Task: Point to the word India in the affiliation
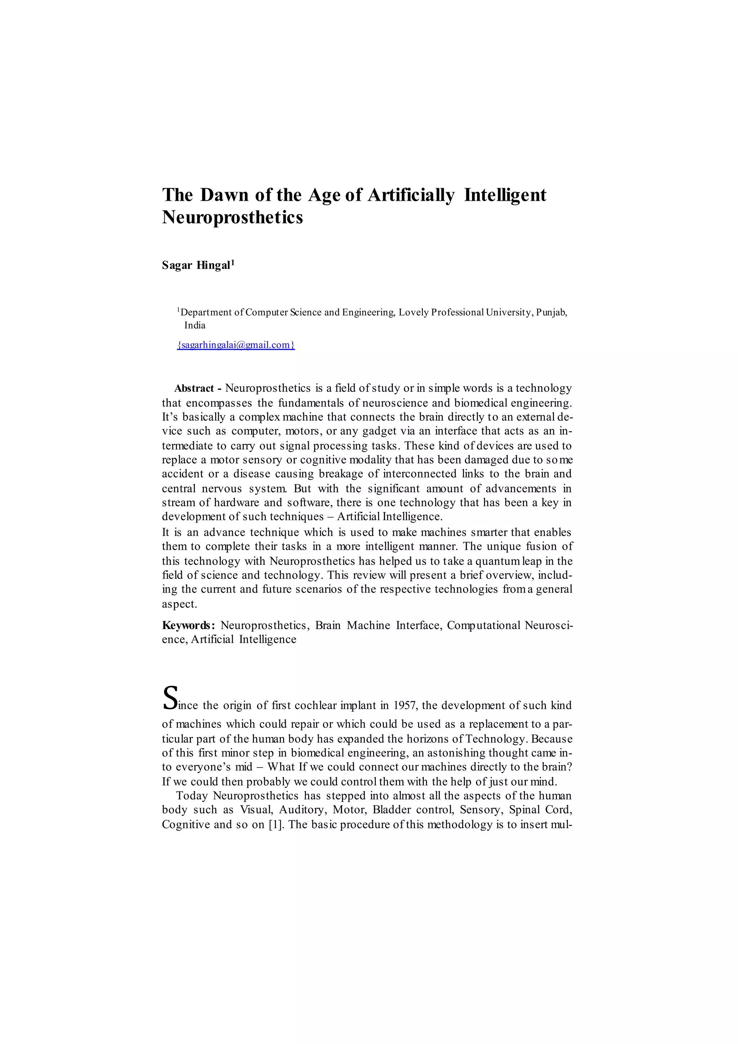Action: tap(195, 325)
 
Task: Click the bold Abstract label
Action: tap(194, 388)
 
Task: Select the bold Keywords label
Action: tap(188, 625)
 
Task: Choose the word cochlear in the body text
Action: tap(314, 705)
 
